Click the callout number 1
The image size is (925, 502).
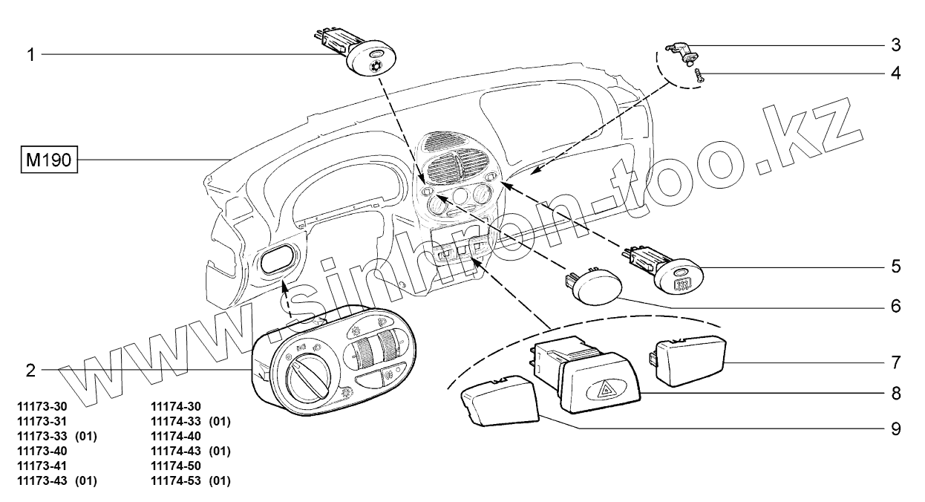pos(31,54)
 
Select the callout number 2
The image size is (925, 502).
pos(31,369)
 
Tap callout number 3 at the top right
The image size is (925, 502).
pos(896,45)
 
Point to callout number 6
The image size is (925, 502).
pos(896,305)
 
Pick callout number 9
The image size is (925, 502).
pos(896,428)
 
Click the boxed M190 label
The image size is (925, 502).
pos(50,160)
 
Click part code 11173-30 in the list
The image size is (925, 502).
pos(42,406)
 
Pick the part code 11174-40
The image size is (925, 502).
pos(176,436)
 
